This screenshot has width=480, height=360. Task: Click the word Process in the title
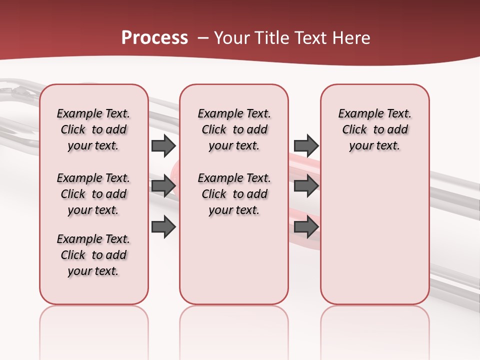(x=154, y=38)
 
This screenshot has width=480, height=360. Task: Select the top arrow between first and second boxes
(x=163, y=145)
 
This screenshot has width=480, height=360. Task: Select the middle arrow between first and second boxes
(x=163, y=186)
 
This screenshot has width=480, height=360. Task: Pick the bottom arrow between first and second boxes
(x=163, y=226)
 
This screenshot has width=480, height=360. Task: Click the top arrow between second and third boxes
(x=306, y=145)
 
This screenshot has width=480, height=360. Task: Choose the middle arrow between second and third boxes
(x=306, y=186)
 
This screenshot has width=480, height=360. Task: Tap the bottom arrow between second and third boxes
(x=306, y=226)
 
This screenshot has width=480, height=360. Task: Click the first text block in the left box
(x=93, y=129)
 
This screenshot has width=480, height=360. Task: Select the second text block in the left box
(x=93, y=194)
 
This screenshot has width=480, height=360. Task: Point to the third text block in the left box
(x=93, y=255)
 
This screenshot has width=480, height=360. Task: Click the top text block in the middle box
(x=234, y=129)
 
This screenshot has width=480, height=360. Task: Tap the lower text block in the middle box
(x=234, y=194)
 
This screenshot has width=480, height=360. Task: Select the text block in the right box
(x=374, y=129)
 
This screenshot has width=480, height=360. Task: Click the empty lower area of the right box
(x=374, y=235)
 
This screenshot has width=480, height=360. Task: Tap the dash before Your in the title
(x=203, y=38)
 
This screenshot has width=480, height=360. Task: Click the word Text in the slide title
(x=311, y=38)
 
